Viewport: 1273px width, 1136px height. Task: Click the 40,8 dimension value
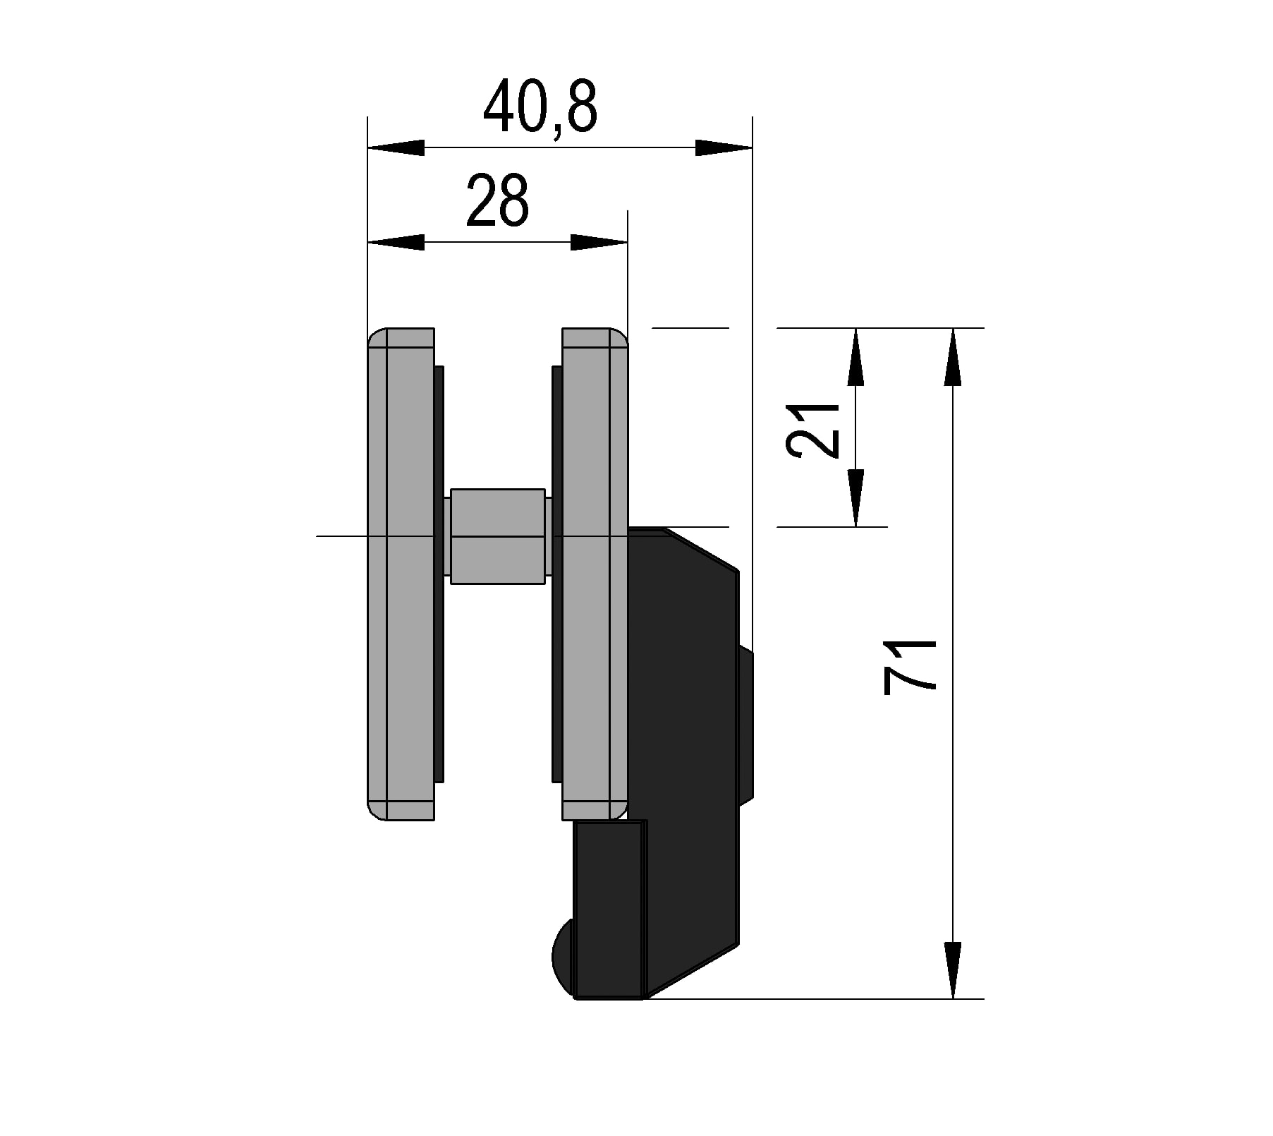pyautogui.click(x=541, y=107)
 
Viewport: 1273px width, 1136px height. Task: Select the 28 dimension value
pyautogui.click(x=497, y=201)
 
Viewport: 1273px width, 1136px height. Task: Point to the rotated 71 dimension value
pyautogui.click(x=910, y=667)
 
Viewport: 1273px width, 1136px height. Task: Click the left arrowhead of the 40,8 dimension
pyautogui.click(x=396, y=148)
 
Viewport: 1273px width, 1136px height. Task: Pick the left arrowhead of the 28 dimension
pyautogui.click(x=396, y=243)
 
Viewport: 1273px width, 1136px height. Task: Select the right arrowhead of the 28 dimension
pyautogui.click(x=599, y=243)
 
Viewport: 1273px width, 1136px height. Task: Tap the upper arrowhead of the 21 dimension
pyautogui.click(x=855, y=356)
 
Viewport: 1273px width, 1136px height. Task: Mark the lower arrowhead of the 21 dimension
pyautogui.click(x=855, y=498)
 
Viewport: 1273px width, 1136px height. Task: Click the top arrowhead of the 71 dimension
pyautogui.click(x=952, y=356)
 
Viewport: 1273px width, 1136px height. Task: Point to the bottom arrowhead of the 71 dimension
pyautogui.click(x=952, y=969)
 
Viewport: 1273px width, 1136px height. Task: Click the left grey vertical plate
pyautogui.click(x=401, y=635)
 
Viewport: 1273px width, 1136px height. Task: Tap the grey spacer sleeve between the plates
pyautogui.click(x=497, y=536)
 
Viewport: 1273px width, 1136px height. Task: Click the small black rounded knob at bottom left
pyautogui.click(x=563, y=957)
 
